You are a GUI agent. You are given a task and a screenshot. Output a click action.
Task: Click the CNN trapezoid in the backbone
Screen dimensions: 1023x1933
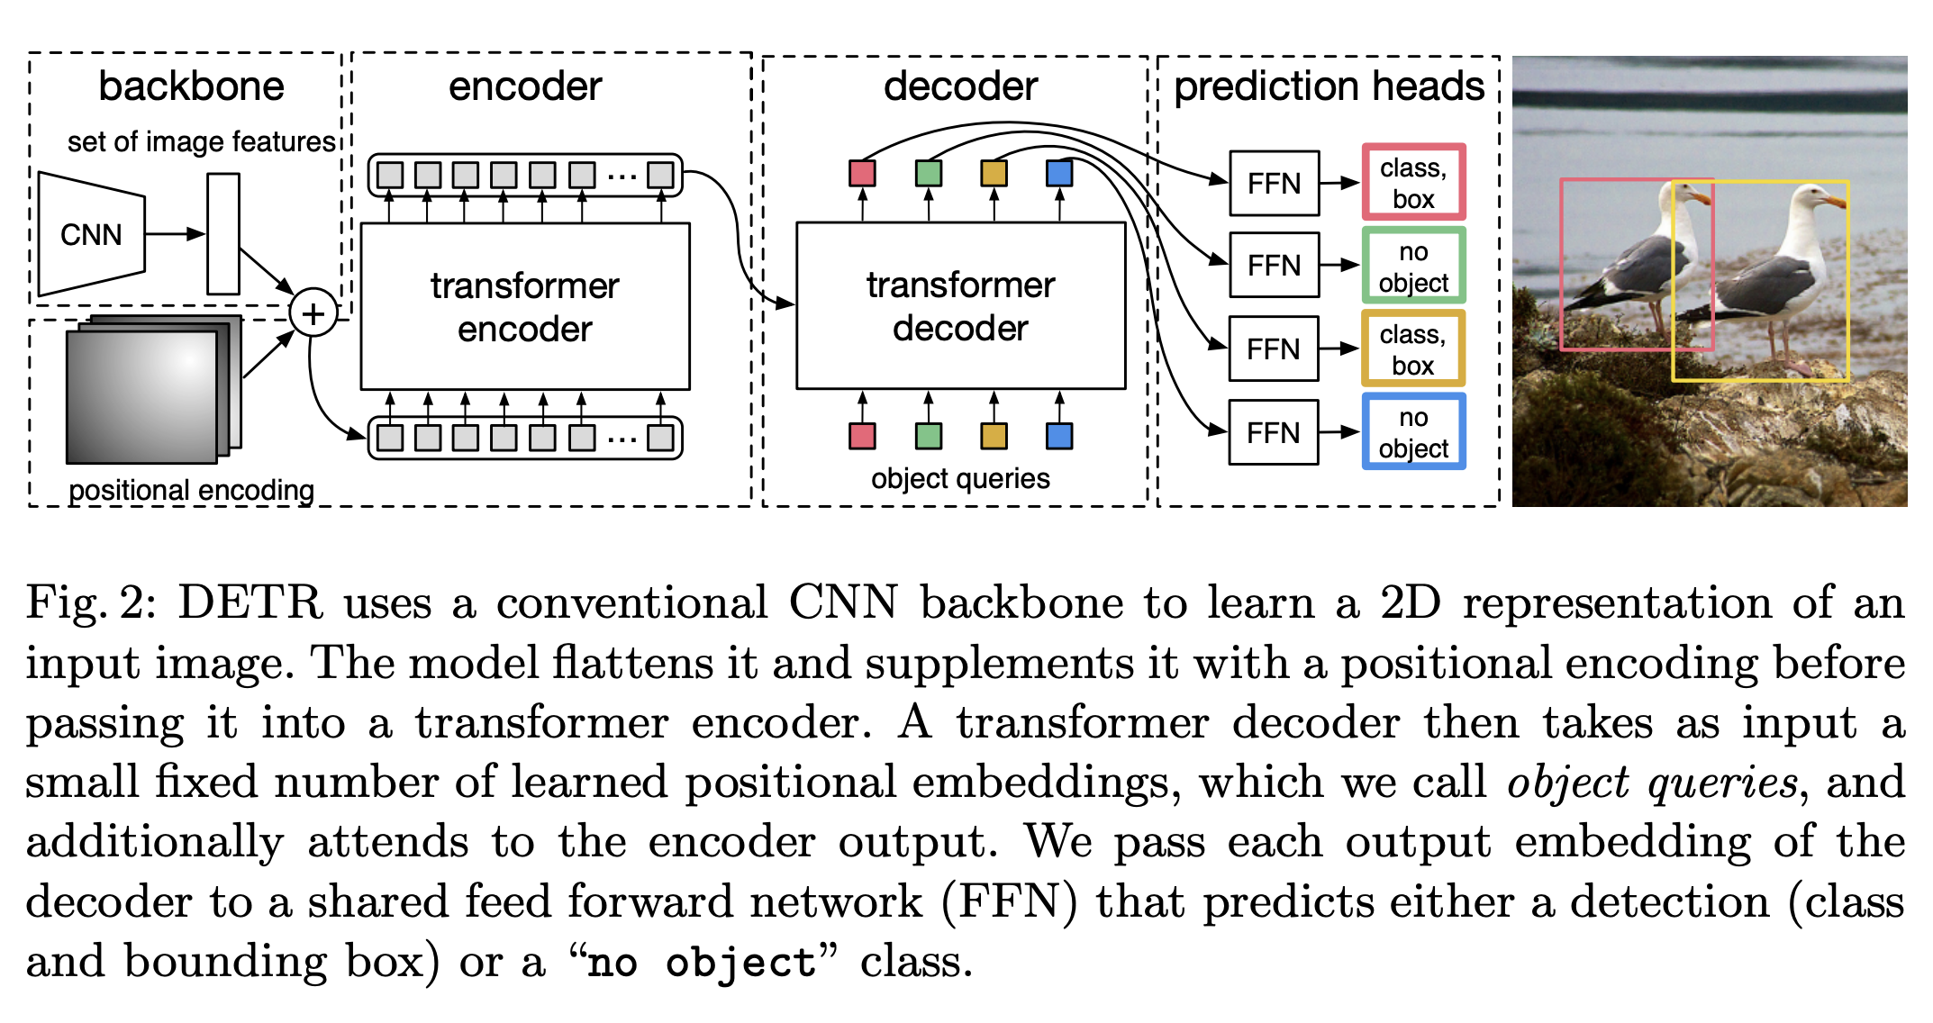point(91,234)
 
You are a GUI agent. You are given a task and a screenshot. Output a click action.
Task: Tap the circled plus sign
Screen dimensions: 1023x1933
point(313,313)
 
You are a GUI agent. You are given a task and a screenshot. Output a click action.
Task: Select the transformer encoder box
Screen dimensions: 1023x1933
point(525,306)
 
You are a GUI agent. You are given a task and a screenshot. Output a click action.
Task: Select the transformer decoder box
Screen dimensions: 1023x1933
point(960,306)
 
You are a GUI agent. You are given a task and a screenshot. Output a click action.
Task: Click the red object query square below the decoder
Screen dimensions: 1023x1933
point(862,436)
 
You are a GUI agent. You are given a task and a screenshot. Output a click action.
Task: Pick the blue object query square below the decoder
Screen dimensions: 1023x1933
point(1059,436)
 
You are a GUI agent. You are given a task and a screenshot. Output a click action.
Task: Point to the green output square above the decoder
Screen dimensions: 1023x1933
point(929,173)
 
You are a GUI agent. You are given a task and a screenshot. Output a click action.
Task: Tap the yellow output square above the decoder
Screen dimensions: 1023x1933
point(994,173)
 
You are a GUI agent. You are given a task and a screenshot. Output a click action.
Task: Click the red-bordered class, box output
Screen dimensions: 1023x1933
point(1413,183)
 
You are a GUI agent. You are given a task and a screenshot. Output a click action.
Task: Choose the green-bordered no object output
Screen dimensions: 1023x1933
point(1413,267)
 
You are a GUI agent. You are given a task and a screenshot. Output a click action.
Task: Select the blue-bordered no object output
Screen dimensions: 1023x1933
point(1413,432)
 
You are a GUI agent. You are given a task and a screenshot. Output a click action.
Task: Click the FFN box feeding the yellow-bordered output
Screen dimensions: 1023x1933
point(1274,349)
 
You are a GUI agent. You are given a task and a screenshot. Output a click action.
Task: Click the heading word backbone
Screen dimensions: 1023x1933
point(191,86)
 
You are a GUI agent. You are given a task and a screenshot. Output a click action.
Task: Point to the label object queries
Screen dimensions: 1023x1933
point(960,478)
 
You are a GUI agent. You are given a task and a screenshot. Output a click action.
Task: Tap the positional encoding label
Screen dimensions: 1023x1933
point(191,490)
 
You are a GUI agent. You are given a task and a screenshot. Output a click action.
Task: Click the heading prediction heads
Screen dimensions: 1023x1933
point(1329,86)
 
